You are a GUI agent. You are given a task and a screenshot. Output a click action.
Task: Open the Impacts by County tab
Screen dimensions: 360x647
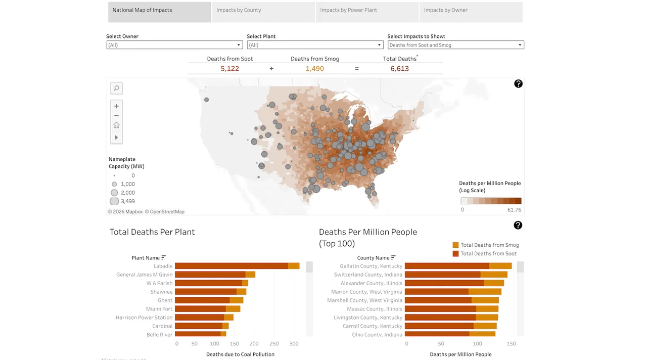[x=263, y=10]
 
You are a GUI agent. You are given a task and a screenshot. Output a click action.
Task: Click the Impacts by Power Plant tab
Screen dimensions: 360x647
[x=367, y=10]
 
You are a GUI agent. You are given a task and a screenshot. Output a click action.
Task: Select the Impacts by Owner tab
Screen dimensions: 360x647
[x=471, y=10]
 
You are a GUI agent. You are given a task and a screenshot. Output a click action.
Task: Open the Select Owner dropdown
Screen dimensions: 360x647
[x=174, y=45]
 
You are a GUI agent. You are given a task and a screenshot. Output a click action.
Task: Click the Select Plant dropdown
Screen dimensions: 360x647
[x=315, y=45]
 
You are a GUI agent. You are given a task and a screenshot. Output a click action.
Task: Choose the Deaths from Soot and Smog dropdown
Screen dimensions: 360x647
[x=455, y=45]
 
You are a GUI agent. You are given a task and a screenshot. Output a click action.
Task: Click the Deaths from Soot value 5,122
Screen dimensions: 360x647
[x=230, y=69]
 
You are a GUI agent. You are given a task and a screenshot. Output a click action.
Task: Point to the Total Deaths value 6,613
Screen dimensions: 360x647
[x=399, y=69]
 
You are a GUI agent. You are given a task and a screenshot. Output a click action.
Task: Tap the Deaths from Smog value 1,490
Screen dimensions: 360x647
[x=314, y=69]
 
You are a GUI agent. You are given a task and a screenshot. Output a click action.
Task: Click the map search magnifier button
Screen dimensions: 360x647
[x=116, y=88]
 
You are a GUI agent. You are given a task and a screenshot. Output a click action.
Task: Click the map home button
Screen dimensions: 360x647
[x=116, y=125]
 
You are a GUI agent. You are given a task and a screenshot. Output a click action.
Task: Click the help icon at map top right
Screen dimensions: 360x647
[x=518, y=84]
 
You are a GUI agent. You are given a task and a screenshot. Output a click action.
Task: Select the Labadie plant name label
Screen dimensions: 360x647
[x=163, y=266]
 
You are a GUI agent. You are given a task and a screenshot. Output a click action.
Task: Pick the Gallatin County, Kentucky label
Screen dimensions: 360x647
[x=371, y=266]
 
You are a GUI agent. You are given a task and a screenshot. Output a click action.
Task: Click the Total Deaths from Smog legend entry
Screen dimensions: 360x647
[x=485, y=245]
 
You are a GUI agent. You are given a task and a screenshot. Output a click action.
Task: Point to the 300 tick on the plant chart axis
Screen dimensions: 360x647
[x=294, y=344]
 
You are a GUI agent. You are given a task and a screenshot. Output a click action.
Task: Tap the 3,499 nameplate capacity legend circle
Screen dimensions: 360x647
[x=114, y=201]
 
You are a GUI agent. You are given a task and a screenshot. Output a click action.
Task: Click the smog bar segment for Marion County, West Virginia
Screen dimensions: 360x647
[x=485, y=292]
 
